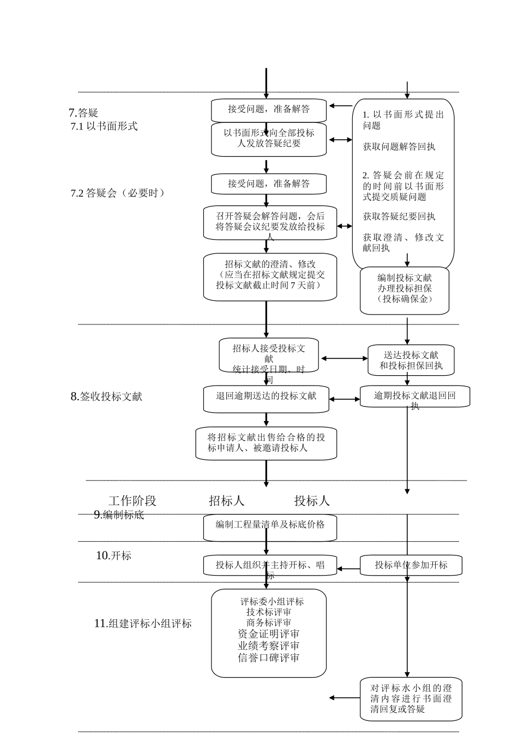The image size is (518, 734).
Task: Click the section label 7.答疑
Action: click(83, 113)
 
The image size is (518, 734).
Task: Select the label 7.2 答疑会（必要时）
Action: click(118, 193)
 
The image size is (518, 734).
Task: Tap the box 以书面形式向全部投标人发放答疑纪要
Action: click(269, 139)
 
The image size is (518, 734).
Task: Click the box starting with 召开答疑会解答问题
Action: click(270, 222)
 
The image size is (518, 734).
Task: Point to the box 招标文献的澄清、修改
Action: click(270, 276)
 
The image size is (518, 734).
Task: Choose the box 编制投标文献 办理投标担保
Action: click(404, 290)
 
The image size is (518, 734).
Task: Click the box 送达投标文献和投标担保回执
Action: click(411, 360)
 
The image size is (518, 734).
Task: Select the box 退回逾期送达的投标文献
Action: click(266, 399)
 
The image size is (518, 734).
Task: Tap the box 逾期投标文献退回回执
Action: click(414, 396)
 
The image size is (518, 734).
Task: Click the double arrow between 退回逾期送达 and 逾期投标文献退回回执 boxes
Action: click(345, 399)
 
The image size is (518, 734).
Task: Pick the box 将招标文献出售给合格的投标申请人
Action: click(266, 443)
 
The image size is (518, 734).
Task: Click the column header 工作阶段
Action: click(132, 500)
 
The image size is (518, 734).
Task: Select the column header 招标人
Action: click(227, 500)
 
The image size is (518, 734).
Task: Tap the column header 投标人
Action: click(312, 500)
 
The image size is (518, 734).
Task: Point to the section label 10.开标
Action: click(113, 555)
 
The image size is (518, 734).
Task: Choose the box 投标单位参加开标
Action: click(411, 565)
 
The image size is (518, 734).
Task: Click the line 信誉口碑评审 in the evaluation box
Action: click(269, 658)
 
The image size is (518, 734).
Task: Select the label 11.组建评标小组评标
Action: click(143, 623)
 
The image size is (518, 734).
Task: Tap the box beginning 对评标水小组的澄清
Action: click(411, 699)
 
